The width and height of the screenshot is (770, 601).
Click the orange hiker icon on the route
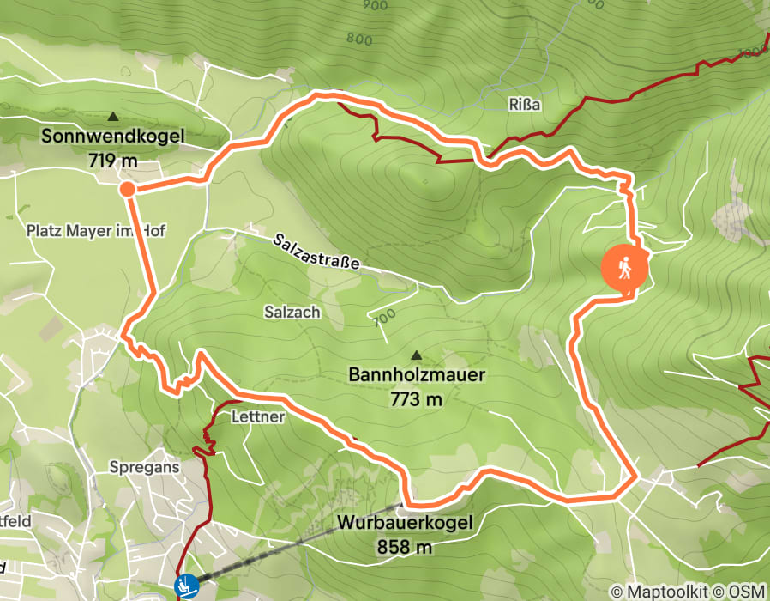[x=626, y=268]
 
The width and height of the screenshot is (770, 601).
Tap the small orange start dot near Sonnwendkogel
[x=127, y=189]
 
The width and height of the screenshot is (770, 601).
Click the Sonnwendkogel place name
[x=112, y=137]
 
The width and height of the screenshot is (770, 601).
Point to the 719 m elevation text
[x=112, y=160]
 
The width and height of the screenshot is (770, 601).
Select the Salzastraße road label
[x=316, y=251]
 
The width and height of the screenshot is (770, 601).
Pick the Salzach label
[x=292, y=313]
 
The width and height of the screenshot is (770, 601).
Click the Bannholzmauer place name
[x=417, y=375]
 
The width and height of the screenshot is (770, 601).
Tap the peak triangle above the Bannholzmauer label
[x=417, y=355]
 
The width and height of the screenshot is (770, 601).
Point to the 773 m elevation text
[x=417, y=398]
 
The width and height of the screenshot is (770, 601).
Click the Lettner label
[x=257, y=416]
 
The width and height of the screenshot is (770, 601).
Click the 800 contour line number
[x=360, y=39]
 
